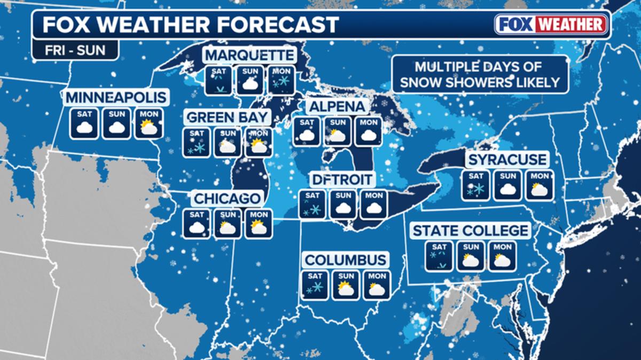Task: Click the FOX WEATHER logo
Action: [x=551, y=24]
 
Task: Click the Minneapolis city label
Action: [x=116, y=98]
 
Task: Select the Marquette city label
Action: [x=249, y=55]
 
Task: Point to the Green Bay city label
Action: [x=227, y=117]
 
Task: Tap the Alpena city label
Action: [x=337, y=106]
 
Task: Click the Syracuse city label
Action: [x=507, y=159]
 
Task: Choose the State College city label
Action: [x=470, y=231]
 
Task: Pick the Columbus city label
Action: [x=345, y=260]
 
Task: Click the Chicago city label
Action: [x=227, y=199]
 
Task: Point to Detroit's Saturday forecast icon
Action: [x=312, y=204]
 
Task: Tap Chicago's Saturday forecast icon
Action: [x=197, y=223]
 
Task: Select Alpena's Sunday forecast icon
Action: [x=337, y=131]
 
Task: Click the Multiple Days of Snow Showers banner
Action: [x=479, y=74]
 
